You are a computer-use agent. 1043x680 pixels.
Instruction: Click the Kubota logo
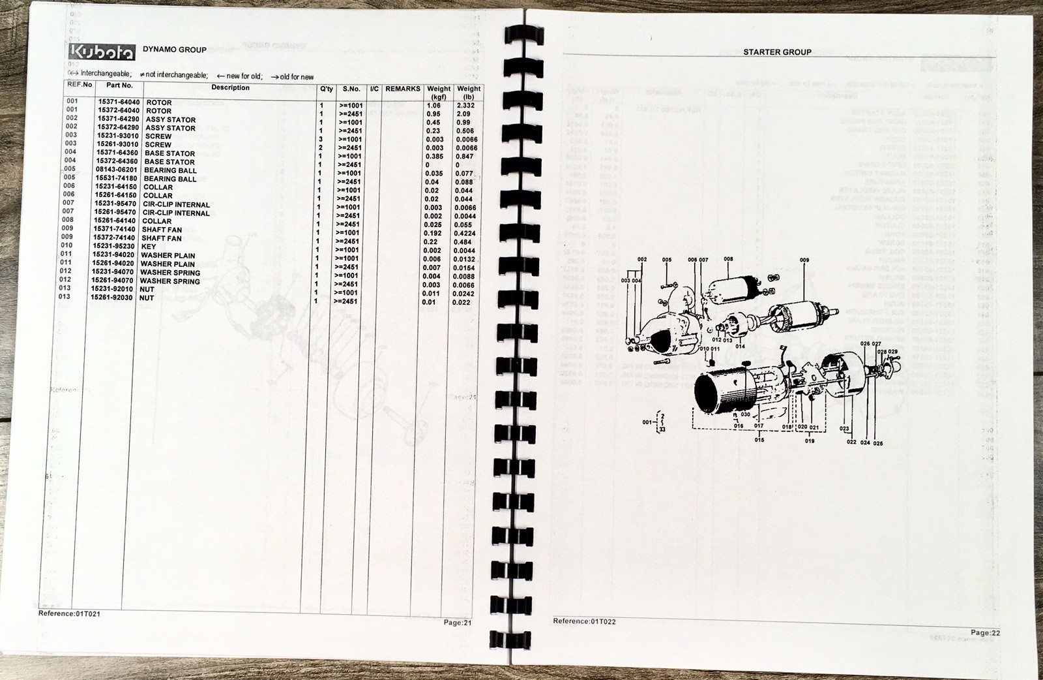(x=102, y=52)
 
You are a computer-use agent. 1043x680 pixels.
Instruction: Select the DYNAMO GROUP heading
(x=175, y=50)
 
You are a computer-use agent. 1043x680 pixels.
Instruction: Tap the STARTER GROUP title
(x=777, y=52)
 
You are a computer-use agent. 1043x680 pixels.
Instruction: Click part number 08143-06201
(x=116, y=170)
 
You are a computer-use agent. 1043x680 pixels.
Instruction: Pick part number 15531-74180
(x=117, y=178)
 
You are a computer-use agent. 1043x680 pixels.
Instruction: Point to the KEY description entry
(x=149, y=247)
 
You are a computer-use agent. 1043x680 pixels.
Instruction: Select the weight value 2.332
(x=465, y=105)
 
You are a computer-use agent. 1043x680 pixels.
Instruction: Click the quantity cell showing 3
(x=321, y=139)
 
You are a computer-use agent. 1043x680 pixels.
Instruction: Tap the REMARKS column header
(x=402, y=89)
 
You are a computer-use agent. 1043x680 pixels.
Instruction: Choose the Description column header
(x=230, y=87)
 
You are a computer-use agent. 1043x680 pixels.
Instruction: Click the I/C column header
(x=374, y=89)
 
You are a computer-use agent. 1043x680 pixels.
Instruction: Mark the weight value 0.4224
(x=465, y=233)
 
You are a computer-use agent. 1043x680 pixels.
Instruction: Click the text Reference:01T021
(x=69, y=613)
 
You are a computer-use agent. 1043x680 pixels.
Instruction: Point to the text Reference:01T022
(x=584, y=621)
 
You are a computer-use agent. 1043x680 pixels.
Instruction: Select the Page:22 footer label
(x=985, y=632)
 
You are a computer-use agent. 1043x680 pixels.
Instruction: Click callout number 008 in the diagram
(x=728, y=259)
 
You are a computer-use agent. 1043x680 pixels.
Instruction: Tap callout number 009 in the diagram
(x=804, y=260)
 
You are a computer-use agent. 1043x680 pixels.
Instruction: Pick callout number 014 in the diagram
(x=740, y=347)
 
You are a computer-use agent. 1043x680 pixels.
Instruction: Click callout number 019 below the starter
(x=810, y=440)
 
